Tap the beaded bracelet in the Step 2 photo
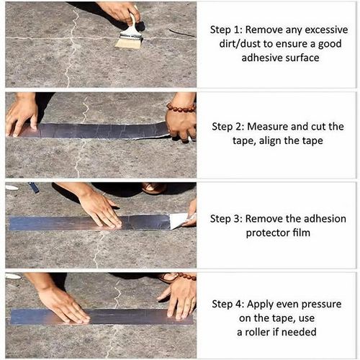(x=180, y=108)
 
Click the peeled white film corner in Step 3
(x=178, y=220)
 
